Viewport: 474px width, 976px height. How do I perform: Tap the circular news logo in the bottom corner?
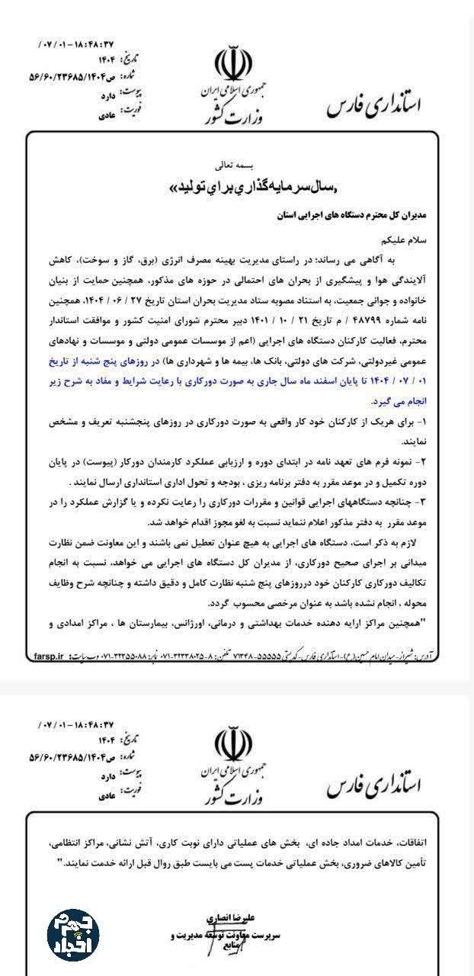[72, 933]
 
